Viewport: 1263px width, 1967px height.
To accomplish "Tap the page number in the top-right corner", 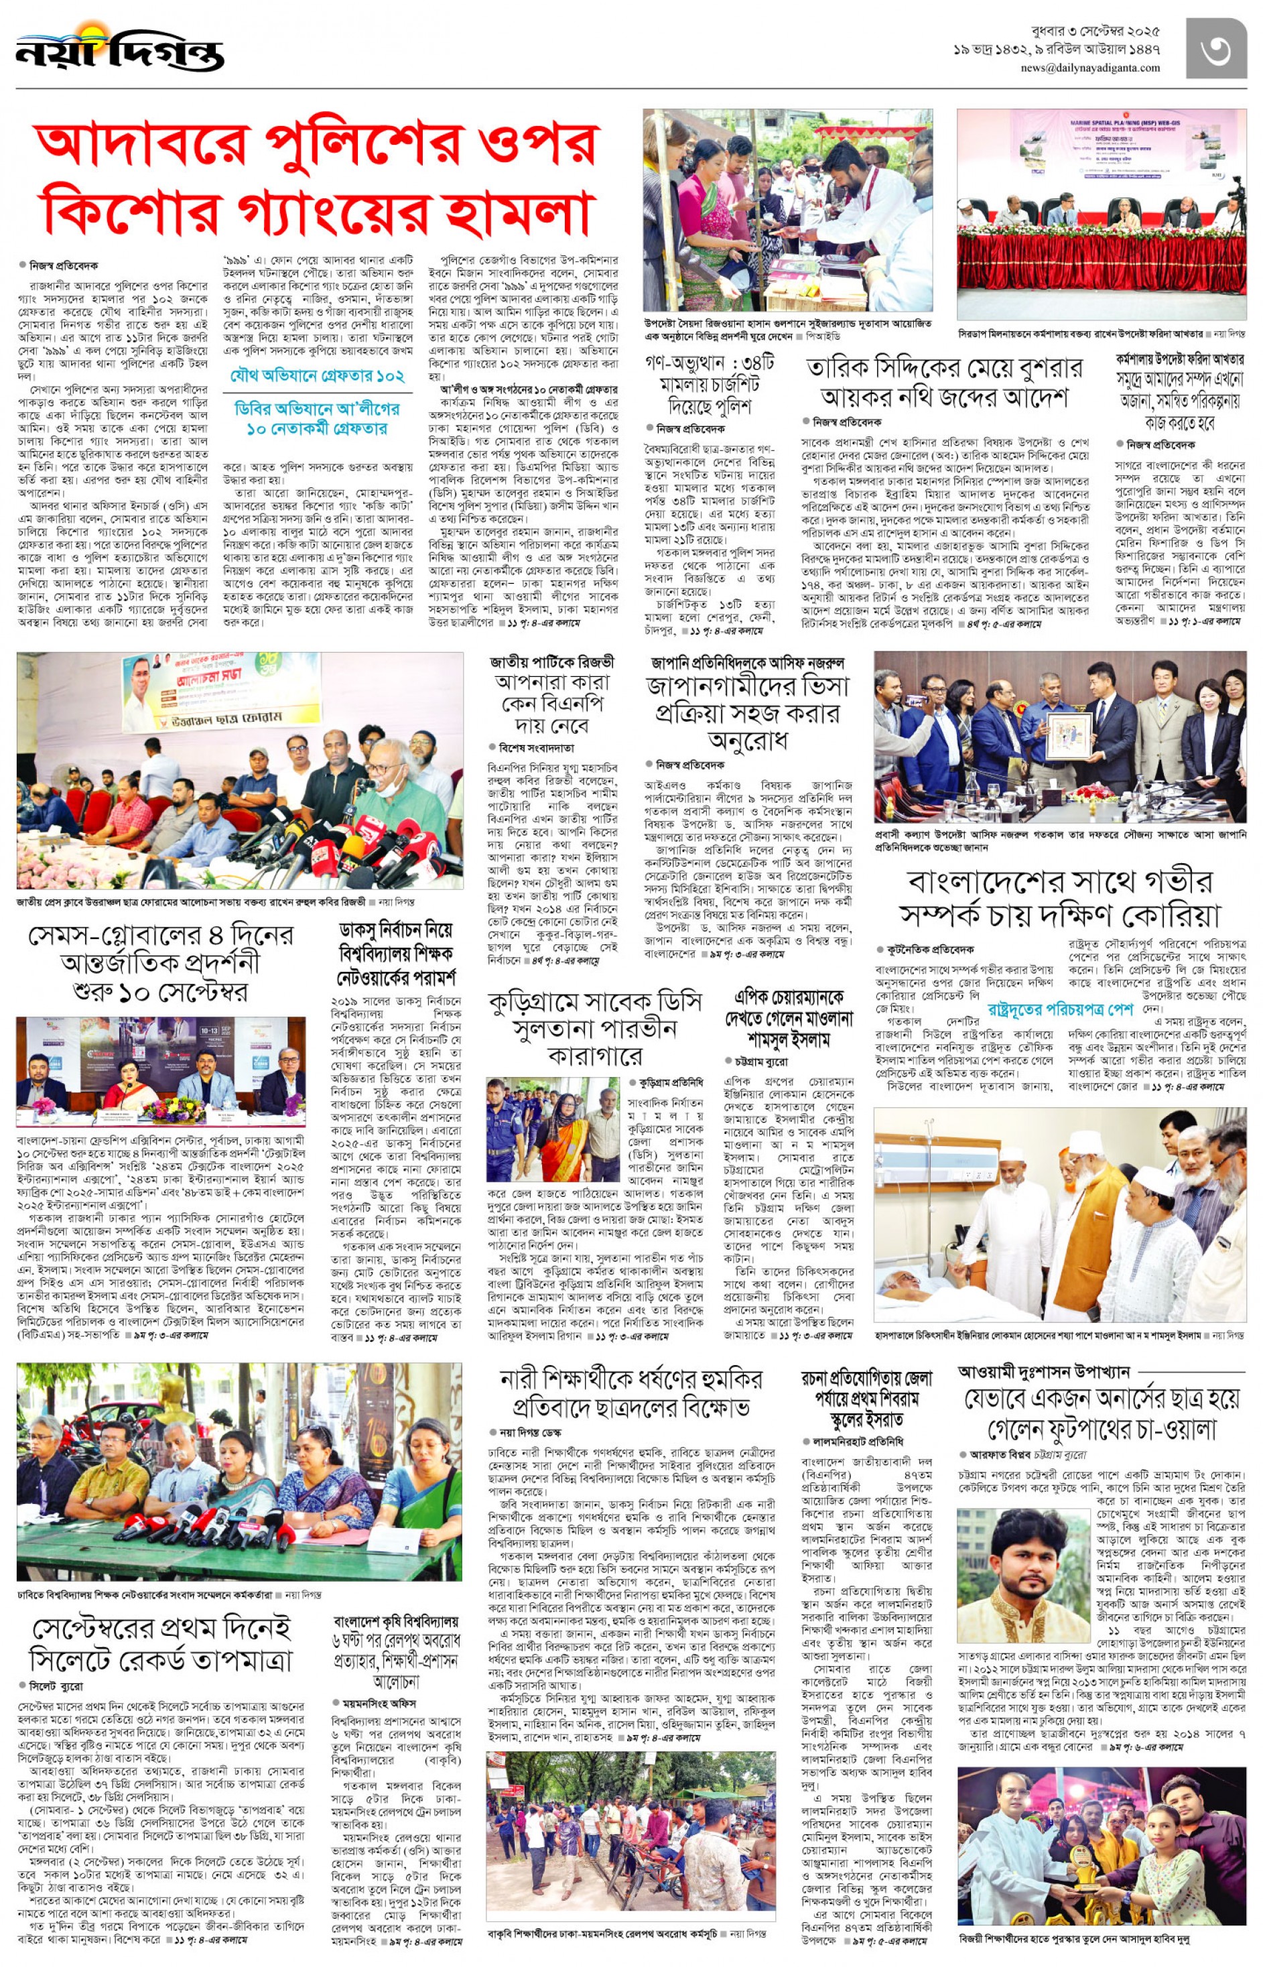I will tap(1216, 48).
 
